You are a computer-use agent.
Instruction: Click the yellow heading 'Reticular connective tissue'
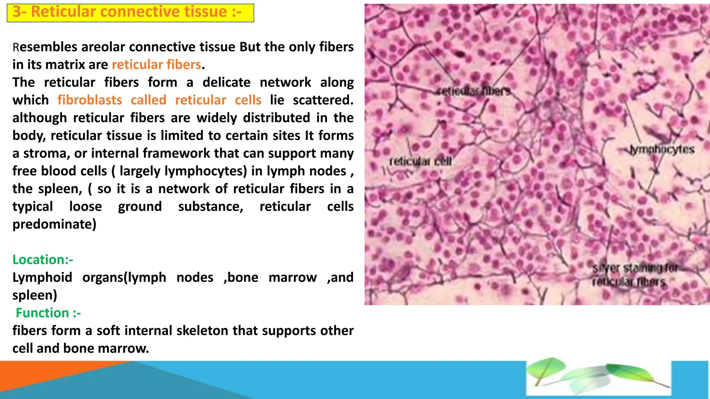(130, 12)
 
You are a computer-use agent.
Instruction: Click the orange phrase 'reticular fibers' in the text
(156, 65)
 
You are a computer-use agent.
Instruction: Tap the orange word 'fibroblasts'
(90, 100)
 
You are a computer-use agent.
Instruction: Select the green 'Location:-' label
(43, 260)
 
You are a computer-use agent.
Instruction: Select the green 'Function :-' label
(48, 313)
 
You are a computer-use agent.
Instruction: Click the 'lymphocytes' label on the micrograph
(663, 150)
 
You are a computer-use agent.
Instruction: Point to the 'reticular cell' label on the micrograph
(420, 161)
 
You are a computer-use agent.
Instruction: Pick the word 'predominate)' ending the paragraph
(54, 224)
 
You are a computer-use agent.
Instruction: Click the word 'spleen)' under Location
(35, 295)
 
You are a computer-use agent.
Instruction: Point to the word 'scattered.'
(323, 100)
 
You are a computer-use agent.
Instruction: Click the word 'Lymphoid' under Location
(42, 277)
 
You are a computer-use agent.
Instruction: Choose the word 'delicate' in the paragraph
(226, 82)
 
